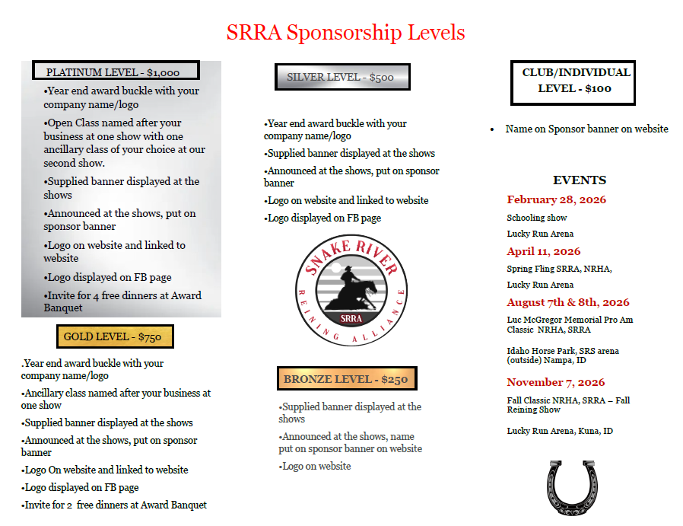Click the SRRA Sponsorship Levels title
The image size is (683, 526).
coord(345,33)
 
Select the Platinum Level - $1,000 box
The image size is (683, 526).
coord(115,72)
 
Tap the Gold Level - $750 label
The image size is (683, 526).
coord(114,336)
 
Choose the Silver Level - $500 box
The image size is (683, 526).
coord(341,77)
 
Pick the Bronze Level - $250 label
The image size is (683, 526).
coord(346,379)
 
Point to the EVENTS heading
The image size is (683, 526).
coord(580,180)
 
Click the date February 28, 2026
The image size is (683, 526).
coord(557,200)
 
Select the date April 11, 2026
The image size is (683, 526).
coord(544,251)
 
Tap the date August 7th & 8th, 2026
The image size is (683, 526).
coord(568,302)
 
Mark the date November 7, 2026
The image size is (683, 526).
coord(556,382)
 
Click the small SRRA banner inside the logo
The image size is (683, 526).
coord(351,318)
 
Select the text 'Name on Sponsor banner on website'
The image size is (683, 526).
coord(586,129)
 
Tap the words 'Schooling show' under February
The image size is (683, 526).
coord(537,218)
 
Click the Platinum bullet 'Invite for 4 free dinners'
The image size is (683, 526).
coord(122,301)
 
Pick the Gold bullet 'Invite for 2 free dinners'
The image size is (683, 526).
coord(114,505)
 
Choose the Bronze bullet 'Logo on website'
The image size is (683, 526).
coord(316,466)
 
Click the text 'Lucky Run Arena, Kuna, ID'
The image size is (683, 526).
coord(560,431)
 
